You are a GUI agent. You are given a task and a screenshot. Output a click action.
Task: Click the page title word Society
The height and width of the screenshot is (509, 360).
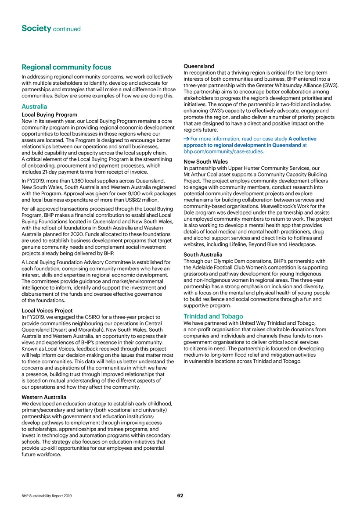point(36,29)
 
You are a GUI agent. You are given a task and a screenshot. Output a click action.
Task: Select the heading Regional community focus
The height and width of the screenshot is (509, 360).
point(66,68)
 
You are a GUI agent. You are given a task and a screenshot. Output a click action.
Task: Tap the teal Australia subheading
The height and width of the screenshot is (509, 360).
point(34,107)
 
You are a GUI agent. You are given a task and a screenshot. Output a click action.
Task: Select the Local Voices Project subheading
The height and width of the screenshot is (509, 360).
point(47,310)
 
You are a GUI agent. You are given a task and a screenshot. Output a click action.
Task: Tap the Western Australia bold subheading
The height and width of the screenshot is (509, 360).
point(43,398)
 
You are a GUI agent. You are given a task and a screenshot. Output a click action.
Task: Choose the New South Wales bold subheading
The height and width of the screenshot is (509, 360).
point(205,162)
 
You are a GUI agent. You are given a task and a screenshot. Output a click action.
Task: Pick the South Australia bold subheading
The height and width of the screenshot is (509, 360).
point(203,254)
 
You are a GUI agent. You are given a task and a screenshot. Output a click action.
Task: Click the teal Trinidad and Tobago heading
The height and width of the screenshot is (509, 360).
point(213,316)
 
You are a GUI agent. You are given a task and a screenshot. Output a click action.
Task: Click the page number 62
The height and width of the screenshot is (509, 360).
point(180,495)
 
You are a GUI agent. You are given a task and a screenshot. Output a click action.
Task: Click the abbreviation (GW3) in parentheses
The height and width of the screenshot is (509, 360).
point(328,85)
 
